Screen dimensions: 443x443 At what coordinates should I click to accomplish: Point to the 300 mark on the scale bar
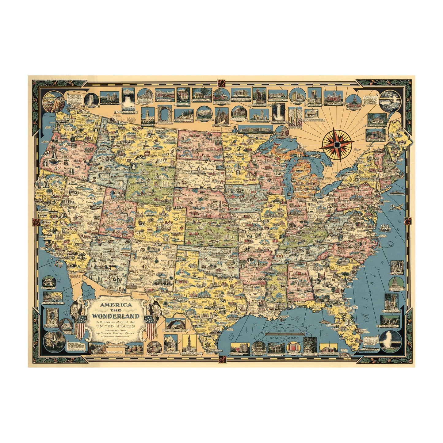tap(304, 331)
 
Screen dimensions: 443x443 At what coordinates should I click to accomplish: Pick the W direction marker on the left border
tap(36, 221)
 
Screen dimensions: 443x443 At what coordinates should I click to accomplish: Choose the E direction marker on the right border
tap(407, 221)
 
